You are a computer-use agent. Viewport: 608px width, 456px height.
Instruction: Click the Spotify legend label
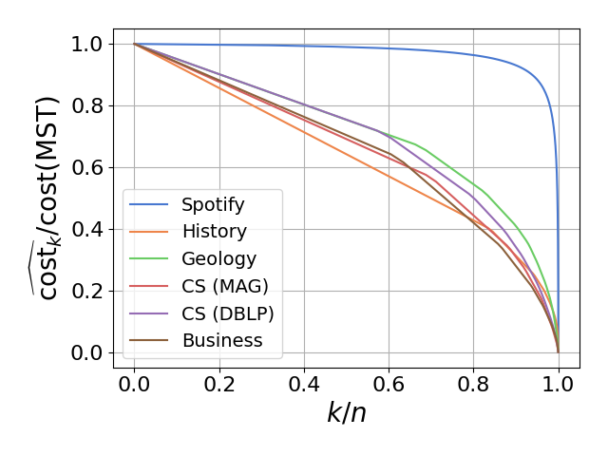(213, 204)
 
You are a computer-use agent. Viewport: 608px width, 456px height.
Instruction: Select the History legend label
(214, 231)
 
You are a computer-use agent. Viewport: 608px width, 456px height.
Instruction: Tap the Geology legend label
(218, 258)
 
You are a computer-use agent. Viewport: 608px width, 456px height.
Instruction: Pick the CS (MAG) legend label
(225, 286)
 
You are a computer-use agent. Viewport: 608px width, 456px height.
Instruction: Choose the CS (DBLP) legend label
(228, 313)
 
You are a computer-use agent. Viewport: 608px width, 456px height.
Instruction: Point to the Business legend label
(222, 340)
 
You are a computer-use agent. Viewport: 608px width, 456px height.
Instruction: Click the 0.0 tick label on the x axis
(134, 385)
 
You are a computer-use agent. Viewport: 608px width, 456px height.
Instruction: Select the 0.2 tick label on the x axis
(219, 385)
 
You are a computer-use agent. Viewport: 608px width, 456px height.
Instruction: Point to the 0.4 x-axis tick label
(304, 385)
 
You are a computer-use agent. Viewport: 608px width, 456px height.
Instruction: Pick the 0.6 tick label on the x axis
(389, 385)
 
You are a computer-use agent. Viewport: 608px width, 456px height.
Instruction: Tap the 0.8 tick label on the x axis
(474, 385)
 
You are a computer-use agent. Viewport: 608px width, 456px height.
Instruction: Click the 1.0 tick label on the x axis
(559, 385)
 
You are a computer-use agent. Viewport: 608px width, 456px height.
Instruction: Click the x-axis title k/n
(347, 415)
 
